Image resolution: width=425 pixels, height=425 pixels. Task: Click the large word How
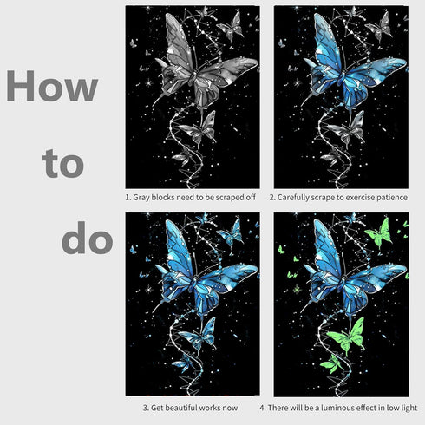pyautogui.click(x=52, y=86)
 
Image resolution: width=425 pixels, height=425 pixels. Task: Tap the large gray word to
pyautogui.click(x=63, y=164)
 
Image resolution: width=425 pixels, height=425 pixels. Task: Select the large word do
pyautogui.click(x=87, y=239)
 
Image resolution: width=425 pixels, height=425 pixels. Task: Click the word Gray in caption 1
pyautogui.click(x=141, y=198)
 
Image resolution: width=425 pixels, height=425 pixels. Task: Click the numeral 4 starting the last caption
pyautogui.click(x=262, y=408)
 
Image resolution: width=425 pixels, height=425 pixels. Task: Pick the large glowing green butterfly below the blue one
pyautogui.click(x=346, y=337)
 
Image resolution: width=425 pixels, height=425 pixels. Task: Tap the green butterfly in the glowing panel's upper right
pyautogui.click(x=379, y=233)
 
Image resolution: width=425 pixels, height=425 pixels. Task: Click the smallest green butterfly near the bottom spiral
pyautogui.click(x=332, y=363)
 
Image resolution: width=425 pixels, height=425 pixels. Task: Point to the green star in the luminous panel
pyautogui.click(x=297, y=289)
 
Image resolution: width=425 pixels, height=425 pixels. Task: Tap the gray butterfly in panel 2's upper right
pyautogui.click(x=379, y=29)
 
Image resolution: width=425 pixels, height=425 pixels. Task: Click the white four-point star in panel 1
pyautogui.click(x=148, y=83)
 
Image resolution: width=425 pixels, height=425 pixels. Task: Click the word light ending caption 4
pyautogui.click(x=409, y=408)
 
